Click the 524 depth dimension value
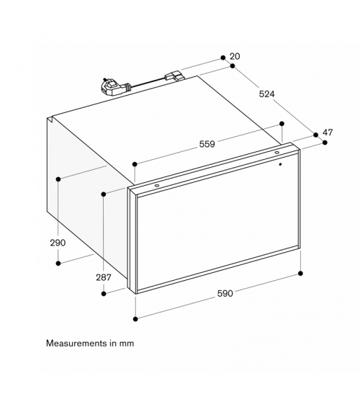coord(266,94)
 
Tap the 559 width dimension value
coord(207,144)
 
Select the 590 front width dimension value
coord(225,294)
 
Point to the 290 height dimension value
coord(58,243)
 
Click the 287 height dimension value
coord(104,277)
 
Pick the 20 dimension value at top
coord(235,56)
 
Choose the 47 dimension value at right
coord(328,132)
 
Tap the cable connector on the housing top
coord(174,76)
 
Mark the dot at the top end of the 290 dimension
coord(58,179)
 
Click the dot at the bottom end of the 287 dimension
coord(104,294)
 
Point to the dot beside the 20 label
coord(222,58)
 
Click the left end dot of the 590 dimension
coord(135,319)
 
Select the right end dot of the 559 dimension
coord(282,124)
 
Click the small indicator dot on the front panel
coord(280,164)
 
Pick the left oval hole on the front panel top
coord(157,186)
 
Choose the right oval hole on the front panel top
coord(277,153)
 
